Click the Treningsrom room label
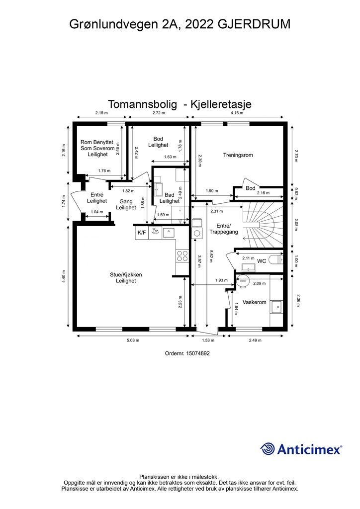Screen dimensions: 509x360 click(238, 155)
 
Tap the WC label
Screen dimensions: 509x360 click(262, 260)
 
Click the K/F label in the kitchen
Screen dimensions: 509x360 click(141, 232)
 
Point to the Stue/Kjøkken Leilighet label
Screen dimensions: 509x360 click(123, 277)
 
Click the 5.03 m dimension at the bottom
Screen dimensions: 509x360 click(132, 340)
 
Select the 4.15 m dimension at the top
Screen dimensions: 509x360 click(237, 113)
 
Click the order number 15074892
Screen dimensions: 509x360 click(187, 353)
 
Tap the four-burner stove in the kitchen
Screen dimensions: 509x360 click(182, 255)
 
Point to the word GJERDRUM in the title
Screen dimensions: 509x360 click(254, 24)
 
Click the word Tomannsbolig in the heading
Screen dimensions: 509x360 click(142, 104)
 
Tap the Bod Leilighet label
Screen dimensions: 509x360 click(158, 142)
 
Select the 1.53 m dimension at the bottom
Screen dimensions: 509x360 click(208, 340)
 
